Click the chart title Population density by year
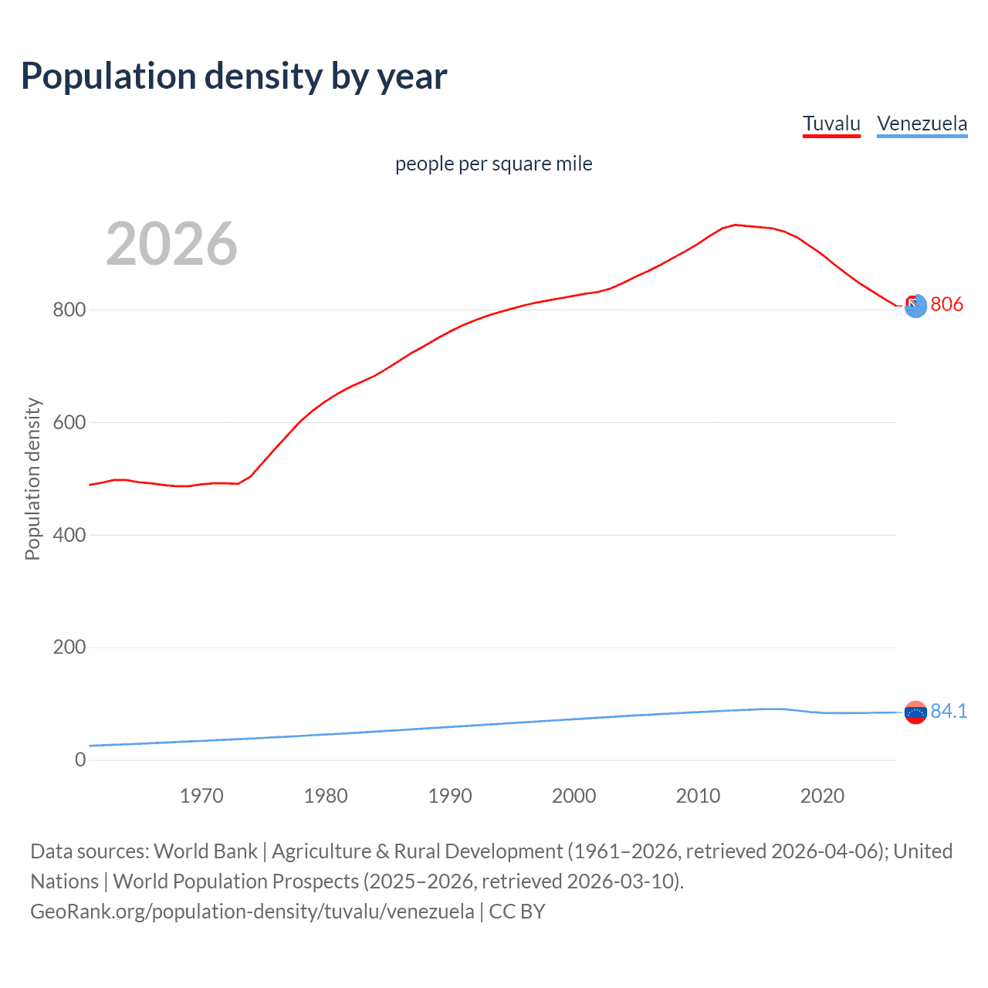point(234,76)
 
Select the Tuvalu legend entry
point(831,123)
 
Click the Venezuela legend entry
point(922,123)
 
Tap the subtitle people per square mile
point(494,164)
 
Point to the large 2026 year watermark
point(171,244)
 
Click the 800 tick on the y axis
point(69,310)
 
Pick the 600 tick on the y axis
point(69,423)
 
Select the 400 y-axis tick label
point(69,535)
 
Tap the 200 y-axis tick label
point(69,648)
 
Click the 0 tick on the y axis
point(80,760)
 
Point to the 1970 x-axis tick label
point(201,796)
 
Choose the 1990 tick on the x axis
point(450,796)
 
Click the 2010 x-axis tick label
point(698,796)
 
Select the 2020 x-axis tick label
point(822,796)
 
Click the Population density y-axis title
point(32,479)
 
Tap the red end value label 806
point(946,305)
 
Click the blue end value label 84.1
point(949,711)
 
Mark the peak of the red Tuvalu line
point(735,225)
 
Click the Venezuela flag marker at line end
point(915,712)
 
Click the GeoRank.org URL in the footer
point(252,912)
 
